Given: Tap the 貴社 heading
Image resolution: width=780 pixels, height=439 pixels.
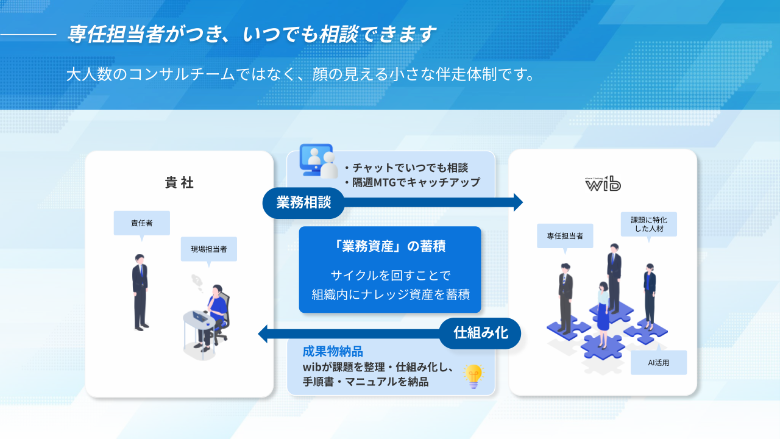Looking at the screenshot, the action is (179, 182).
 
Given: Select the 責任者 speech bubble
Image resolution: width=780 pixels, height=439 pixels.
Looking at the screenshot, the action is (142, 223).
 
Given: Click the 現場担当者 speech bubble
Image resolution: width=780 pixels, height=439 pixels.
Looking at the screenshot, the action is (209, 249).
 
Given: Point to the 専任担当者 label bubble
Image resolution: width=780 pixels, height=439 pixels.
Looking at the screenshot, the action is (565, 236).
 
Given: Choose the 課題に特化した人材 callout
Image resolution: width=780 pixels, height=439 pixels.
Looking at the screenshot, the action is (649, 224).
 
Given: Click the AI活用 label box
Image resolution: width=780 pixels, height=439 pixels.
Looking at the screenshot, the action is (658, 363).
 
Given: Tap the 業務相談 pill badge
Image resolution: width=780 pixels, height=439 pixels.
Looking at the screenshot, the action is (303, 202).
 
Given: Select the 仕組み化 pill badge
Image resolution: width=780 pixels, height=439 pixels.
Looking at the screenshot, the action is (480, 333).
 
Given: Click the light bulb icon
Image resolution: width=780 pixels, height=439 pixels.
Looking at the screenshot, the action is (473, 376).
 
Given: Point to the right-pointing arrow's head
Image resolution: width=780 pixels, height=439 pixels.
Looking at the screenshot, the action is (518, 202).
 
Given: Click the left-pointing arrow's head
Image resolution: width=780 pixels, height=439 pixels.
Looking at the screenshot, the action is (263, 334).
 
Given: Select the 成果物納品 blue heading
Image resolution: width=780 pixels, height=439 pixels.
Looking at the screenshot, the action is (333, 351).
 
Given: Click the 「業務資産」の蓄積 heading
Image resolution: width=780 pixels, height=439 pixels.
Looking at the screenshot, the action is (390, 246).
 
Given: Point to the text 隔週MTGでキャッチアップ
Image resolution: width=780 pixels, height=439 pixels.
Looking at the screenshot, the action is (416, 182).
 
